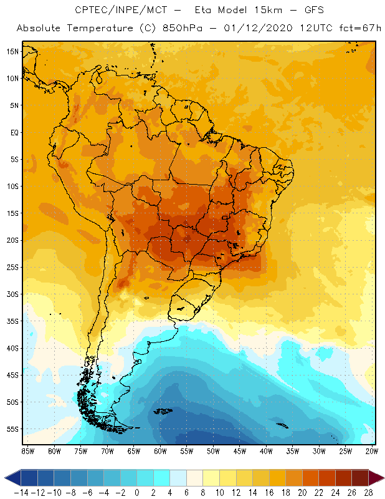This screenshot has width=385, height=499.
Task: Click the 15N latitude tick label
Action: coord(12,51)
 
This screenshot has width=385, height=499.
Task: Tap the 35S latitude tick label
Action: coord(12,321)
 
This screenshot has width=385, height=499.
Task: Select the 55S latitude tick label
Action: coord(12,429)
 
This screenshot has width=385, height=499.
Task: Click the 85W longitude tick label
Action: coord(28,451)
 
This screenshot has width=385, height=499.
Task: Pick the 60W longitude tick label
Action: coord(160,451)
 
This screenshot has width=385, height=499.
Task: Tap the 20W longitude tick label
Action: coord(372,451)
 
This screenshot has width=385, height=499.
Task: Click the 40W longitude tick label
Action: coord(266,451)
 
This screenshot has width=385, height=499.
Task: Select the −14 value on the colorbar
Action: coord(21,492)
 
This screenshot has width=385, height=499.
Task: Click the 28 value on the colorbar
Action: coord(369,492)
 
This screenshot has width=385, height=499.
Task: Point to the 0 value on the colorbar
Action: coord(137,492)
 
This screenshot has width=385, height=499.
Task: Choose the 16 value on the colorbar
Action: coord(269,492)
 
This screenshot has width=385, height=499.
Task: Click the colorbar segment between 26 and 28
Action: coord(360,478)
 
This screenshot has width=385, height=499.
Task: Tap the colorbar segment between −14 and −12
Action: coord(29,478)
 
